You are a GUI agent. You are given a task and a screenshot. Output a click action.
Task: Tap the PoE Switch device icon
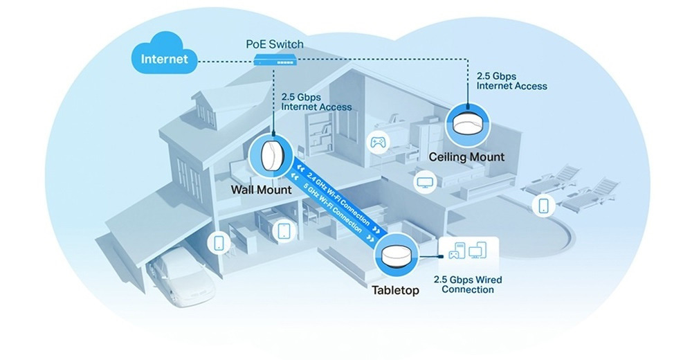[275, 60]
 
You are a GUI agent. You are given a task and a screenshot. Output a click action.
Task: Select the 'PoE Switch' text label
[275, 44]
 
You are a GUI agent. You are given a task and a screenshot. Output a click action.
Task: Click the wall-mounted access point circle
[270, 156]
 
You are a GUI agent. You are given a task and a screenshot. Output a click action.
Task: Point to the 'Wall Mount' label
[262, 190]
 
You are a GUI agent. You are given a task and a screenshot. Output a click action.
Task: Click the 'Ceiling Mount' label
[466, 157]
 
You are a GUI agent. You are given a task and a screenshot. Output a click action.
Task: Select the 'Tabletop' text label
[395, 290]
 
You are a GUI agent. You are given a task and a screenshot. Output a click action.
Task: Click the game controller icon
[379, 142]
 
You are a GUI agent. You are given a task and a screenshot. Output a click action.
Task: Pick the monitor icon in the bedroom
[426, 181]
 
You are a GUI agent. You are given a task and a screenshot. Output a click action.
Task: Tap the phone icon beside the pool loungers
[544, 206]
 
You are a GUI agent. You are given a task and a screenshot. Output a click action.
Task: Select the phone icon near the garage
[219, 242]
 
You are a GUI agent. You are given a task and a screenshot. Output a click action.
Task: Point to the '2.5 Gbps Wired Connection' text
[468, 285]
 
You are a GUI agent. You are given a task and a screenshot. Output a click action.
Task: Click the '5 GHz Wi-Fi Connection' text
[334, 208]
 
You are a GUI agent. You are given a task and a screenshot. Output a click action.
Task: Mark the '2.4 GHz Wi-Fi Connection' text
[338, 198]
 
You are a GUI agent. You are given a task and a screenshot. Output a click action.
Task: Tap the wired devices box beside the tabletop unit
[468, 255]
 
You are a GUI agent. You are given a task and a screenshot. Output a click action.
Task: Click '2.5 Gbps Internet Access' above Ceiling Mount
[511, 81]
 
